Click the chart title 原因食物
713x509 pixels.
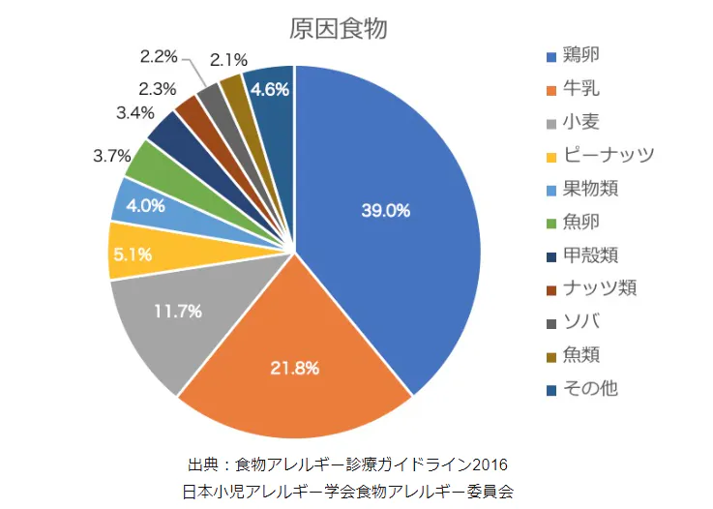point(339,29)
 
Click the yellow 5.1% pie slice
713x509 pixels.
point(132,254)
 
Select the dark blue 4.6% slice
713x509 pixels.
point(270,91)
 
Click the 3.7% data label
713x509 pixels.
point(112,156)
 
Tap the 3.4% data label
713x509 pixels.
point(134,112)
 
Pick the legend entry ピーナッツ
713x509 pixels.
point(611,155)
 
